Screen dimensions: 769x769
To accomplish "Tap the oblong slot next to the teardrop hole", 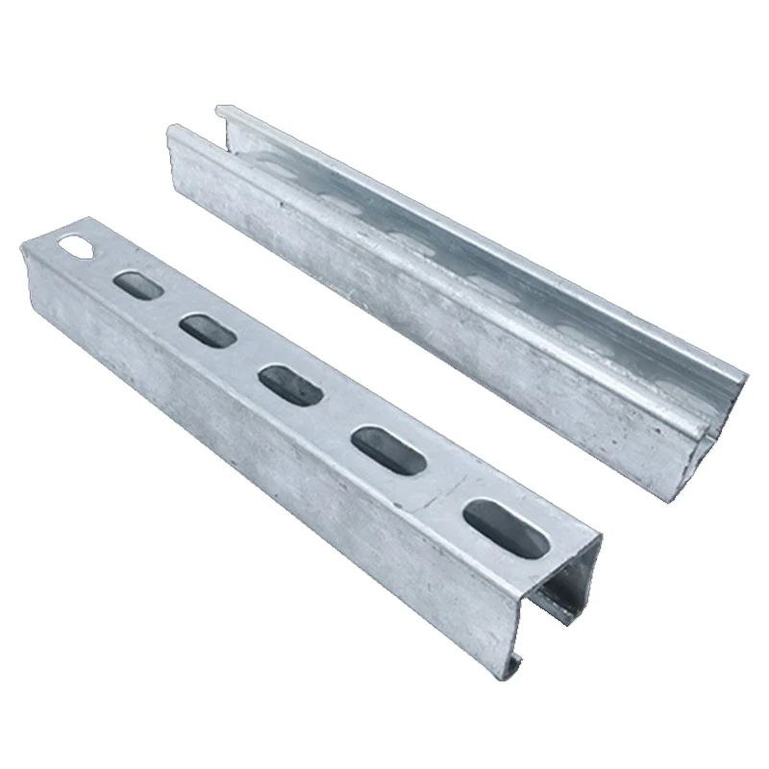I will [x=136, y=284].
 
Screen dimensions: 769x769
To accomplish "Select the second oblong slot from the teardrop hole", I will [x=205, y=331].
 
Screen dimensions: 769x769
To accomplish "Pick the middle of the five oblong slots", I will [x=288, y=384].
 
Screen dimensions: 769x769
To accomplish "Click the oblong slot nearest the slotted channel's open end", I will [x=507, y=528].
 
